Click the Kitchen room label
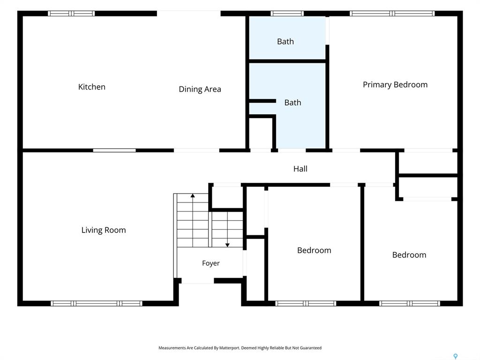[92, 87]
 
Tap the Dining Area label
[200, 89]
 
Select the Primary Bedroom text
[395, 85]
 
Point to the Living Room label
[104, 230]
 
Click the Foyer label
[211, 263]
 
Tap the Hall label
[300, 169]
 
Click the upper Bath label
[285, 41]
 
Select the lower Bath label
[292, 103]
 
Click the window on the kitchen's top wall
[71, 14]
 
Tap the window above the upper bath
[287, 14]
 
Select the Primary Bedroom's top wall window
[392, 14]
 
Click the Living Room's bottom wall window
[97, 303]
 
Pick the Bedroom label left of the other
[314, 250]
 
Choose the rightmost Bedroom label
[409, 255]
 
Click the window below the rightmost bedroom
[410, 303]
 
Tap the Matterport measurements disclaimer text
[240, 348]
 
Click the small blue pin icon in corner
[456, 356]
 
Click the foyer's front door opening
[198, 281]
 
